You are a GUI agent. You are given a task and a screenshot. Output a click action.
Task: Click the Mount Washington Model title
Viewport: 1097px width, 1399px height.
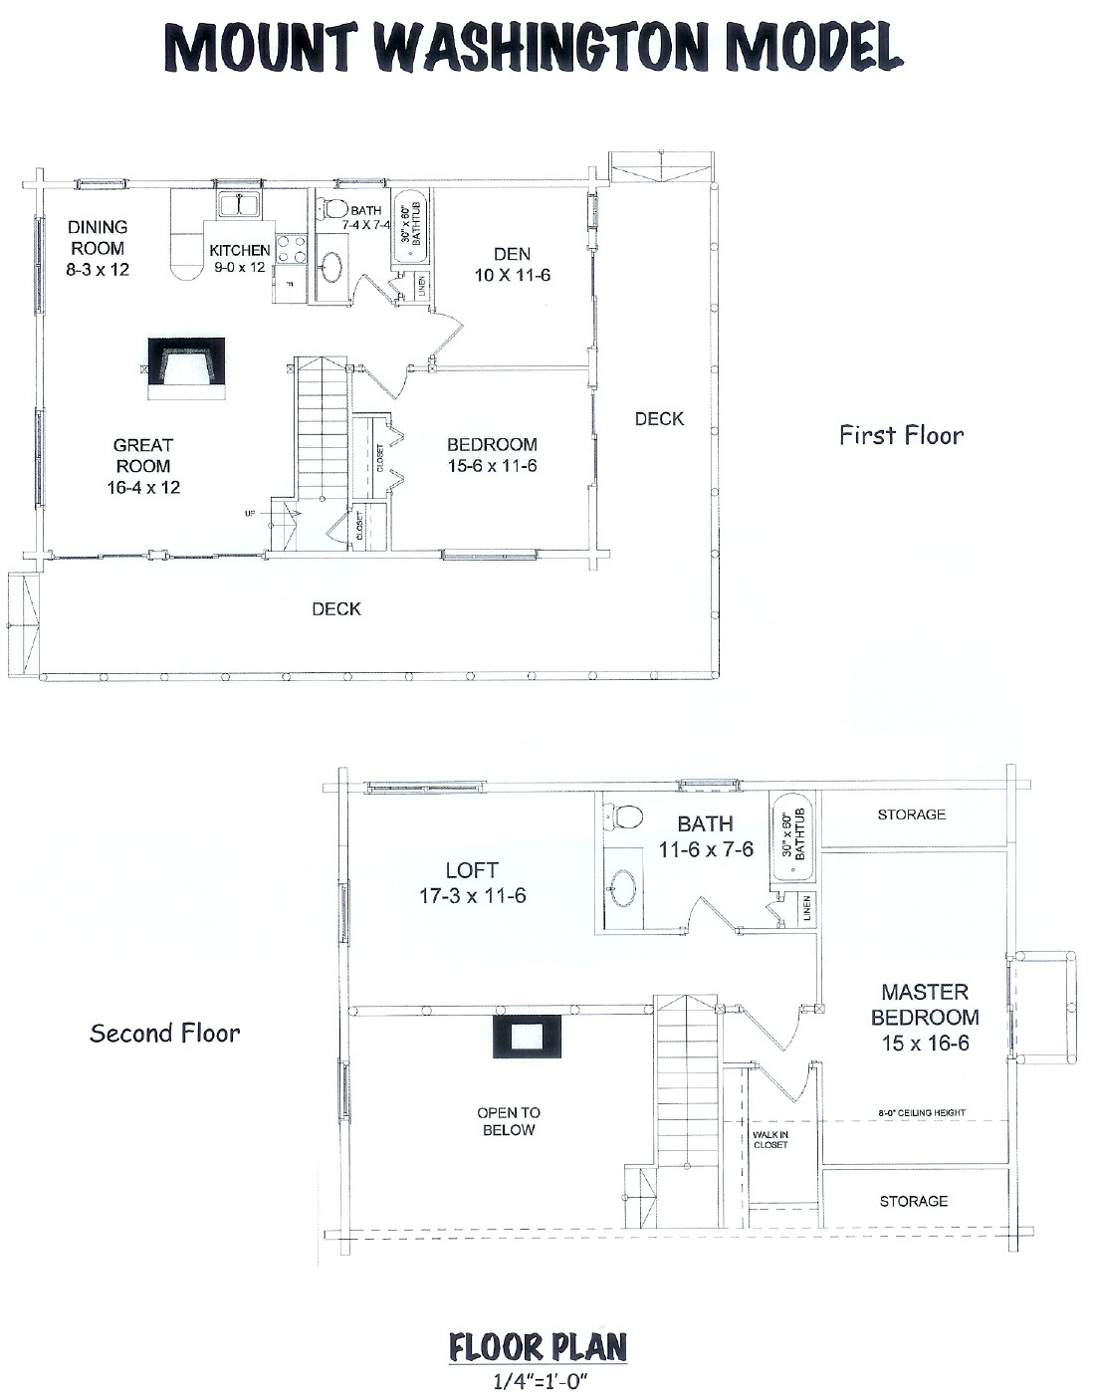pos(534,47)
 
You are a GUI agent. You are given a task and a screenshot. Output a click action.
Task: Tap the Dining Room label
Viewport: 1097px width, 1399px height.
pos(98,248)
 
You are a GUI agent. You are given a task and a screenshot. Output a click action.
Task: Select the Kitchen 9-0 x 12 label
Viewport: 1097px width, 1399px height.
pos(239,258)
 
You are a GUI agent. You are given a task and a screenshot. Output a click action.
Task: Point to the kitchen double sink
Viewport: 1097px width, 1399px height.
pos(239,205)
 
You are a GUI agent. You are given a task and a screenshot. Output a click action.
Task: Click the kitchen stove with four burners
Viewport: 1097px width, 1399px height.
pos(291,250)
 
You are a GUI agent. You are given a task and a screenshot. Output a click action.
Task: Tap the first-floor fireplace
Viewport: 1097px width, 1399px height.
pos(186,368)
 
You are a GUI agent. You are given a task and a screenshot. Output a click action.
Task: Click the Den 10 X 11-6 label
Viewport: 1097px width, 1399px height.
pos(512,265)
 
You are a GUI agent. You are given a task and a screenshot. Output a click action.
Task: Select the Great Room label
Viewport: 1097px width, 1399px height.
pos(142,466)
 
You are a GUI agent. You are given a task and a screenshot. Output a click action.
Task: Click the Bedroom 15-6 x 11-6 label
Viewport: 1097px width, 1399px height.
pos(492,455)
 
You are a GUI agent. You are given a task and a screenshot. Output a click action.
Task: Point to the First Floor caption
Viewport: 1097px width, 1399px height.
pos(902,435)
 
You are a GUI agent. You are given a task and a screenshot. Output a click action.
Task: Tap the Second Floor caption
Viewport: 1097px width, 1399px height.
pos(164,1034)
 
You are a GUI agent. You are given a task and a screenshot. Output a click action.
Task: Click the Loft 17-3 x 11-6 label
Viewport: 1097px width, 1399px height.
pos(472,882)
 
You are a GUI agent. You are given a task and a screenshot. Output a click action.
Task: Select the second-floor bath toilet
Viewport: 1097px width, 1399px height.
pos(623,816)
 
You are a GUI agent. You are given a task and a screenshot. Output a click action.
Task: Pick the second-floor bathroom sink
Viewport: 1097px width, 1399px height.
pos(622,888)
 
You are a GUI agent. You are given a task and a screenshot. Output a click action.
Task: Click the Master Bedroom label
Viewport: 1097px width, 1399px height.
pos(925,1018)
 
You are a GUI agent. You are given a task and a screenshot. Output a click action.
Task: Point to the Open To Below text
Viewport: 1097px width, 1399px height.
pos(509,1121)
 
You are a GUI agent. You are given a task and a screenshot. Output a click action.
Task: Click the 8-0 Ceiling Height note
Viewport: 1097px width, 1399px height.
pos(922,1112)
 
